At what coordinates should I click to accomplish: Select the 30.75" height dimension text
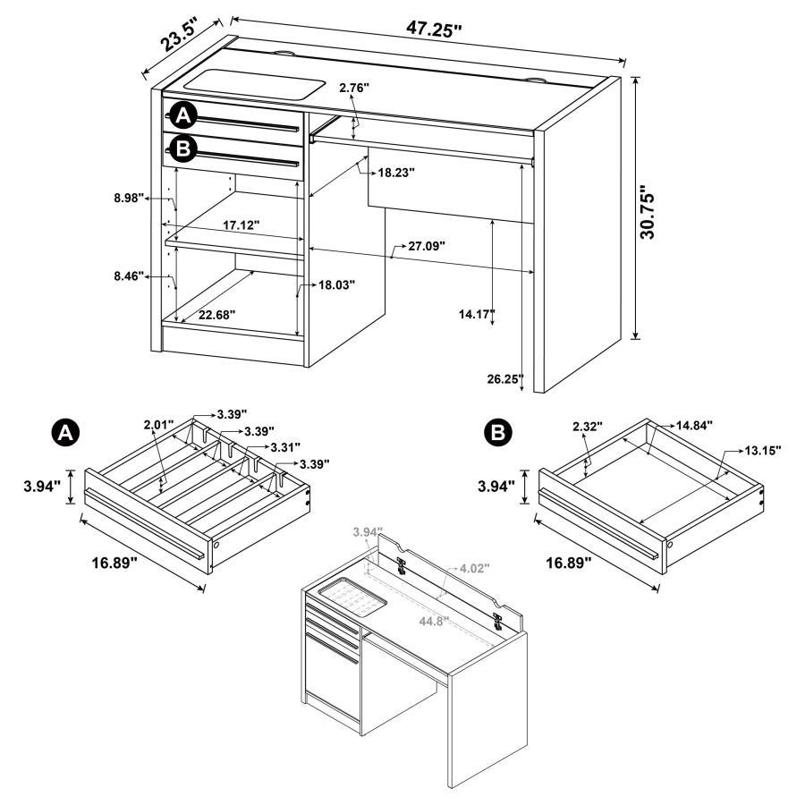coord(651,212)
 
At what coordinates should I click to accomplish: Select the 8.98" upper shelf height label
coord(130,199)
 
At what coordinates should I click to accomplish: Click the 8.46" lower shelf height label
coord(130,277)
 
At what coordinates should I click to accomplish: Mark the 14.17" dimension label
coord(475,314)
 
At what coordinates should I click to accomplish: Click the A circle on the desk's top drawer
coord(183,116)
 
